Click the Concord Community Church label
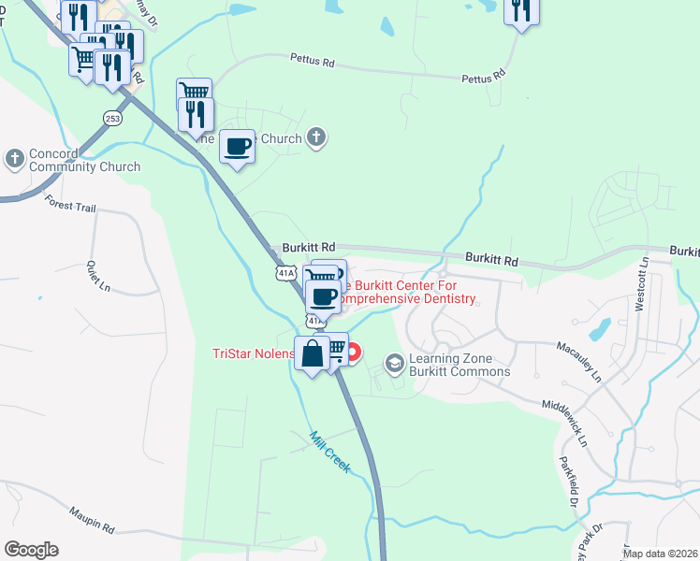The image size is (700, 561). pos(85,160)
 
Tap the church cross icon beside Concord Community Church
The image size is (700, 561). pos(15,159)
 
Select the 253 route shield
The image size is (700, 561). pos(112,118)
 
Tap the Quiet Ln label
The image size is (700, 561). pos(98,275)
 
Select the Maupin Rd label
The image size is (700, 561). pos(91,520)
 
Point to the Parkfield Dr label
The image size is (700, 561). pos(568,481)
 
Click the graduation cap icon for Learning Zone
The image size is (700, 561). pos(395,362)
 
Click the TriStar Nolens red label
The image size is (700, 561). pos(251,353)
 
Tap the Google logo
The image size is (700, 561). pos(31,550)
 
